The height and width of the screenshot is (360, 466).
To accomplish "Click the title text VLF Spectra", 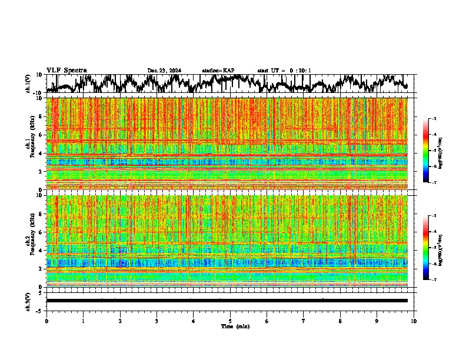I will tap(66, 71).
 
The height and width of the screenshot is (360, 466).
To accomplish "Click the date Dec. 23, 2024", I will tap(164, 71).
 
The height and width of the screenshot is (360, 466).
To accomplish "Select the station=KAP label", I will tap(218, 71).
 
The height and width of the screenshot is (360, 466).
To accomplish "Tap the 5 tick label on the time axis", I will tap(230, 321).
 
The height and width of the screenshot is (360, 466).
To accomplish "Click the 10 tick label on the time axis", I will tap(414, 321).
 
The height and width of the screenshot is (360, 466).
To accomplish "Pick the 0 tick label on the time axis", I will tap(46, 321).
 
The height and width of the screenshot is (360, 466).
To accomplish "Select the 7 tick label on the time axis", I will tap(304, 321).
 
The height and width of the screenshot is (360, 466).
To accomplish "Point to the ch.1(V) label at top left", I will tap(28, 84).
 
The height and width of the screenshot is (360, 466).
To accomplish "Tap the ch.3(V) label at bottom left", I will tap(28, 301).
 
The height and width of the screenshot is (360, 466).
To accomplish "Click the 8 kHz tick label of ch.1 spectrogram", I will tap(41, 116).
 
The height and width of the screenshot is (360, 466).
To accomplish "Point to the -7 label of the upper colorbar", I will tap(434, 182).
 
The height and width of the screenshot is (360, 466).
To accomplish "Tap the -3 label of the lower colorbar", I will tap(434, 216).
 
